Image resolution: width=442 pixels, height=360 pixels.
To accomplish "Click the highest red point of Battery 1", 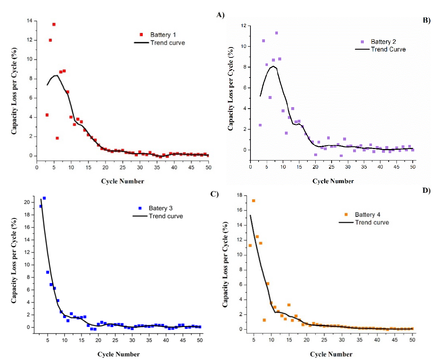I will [54, 24].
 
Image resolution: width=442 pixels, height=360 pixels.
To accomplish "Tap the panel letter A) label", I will [220, 15].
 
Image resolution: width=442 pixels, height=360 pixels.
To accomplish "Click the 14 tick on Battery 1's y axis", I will [29, 21].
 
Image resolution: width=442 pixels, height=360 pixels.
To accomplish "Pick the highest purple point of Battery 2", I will [276, 33].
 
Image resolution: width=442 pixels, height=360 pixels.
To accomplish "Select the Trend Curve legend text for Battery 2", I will [388, 49].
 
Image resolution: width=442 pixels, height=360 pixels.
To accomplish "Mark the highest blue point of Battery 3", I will [44, 198].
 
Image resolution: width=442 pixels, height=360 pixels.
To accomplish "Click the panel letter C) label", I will [215, 194].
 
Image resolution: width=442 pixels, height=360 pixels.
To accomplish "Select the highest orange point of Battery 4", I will [253, 201].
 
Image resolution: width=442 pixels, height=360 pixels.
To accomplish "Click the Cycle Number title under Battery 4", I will [331, 354].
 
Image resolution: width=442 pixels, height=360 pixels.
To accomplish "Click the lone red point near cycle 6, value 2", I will [57, 138].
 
